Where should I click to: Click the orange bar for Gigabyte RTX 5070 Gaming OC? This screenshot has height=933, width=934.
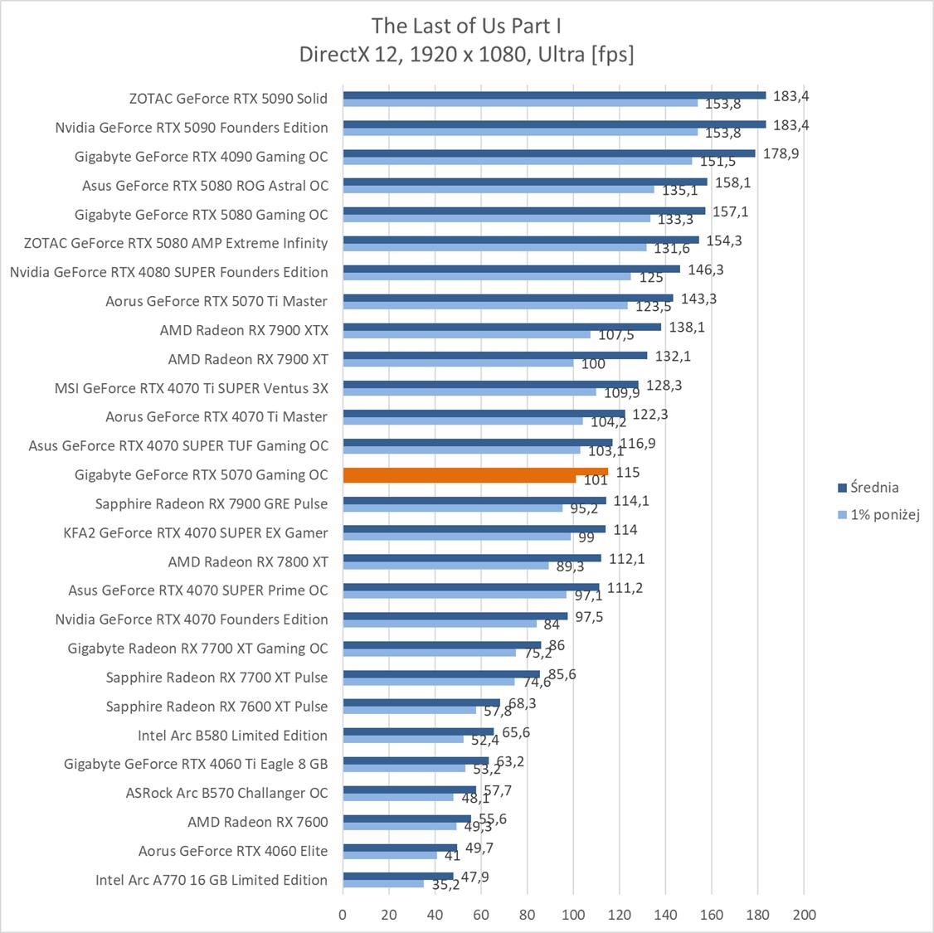pyautogui.click(x=475, y=472)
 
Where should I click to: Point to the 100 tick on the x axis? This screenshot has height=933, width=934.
pyautogui.click(x=573, y=915)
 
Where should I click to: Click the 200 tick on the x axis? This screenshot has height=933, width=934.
pyautogui.click(x=804, y=915)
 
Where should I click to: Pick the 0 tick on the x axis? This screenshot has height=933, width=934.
pyautogui.click(x=343, y=915)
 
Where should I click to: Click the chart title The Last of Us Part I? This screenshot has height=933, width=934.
pyautogui.click(x=466, y=25)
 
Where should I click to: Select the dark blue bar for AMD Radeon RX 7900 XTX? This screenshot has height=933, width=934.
pyautogui.click(x=502, y=327)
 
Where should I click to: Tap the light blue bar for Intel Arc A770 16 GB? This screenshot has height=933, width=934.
pyautogui.click(x=383, y=884)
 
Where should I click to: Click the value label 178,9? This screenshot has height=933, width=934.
pyautogui.click(x=781, y=153)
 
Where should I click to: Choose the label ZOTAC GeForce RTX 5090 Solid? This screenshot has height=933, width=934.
pyautogui.click(x=228, y=99)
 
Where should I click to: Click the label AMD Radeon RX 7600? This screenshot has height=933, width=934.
pyautogui.click(x=257, y=822)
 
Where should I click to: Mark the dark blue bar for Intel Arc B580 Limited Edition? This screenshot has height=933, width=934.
pyautogui.click(x=418, y=731)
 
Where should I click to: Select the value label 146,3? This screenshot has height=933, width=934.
pyautogui.click(x=705, y=270)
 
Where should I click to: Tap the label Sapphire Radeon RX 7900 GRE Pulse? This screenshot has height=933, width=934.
pyautogui.click(x=211, y=503)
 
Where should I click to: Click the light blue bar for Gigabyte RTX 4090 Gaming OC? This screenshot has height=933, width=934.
pyautogui.click(x=517, y=161)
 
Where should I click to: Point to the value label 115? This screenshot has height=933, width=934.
pyautogui.click(x=628, y=472)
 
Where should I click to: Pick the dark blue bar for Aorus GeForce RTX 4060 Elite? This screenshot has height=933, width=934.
pyautogui.click(x=400, y=848)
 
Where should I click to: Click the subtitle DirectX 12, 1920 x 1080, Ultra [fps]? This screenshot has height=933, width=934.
pyautogui.click(x=466, y=55)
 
